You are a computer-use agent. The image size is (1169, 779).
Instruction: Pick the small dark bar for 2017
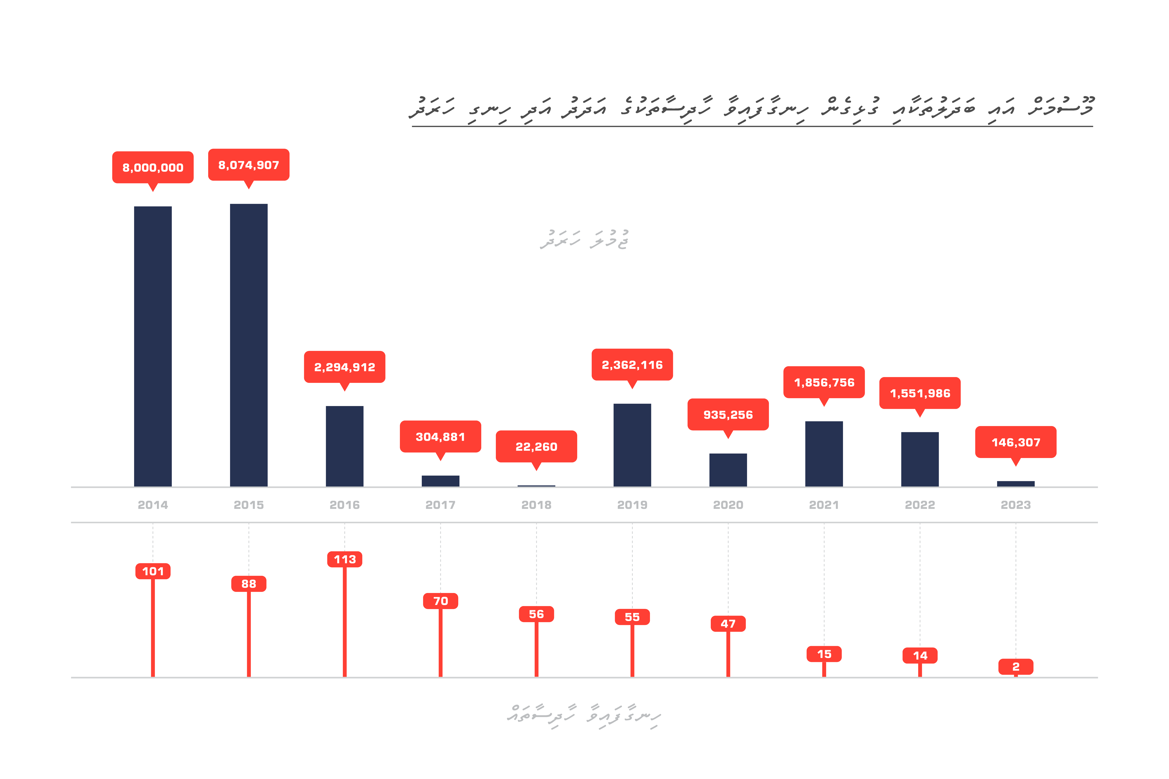point(440,481)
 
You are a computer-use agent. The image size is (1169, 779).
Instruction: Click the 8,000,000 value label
point(153,168)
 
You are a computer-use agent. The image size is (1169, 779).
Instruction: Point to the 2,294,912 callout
point(345,367)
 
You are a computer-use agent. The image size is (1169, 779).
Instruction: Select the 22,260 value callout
point(536,447)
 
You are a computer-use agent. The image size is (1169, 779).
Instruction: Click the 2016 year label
point(345,505)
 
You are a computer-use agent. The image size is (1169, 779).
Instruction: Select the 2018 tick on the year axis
point(536,505)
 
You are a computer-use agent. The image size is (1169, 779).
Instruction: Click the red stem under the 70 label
point(440,643)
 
